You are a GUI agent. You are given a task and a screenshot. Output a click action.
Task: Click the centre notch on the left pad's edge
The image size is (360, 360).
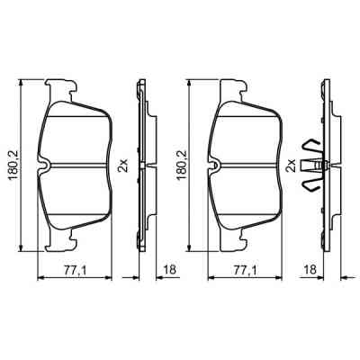[44, 164]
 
